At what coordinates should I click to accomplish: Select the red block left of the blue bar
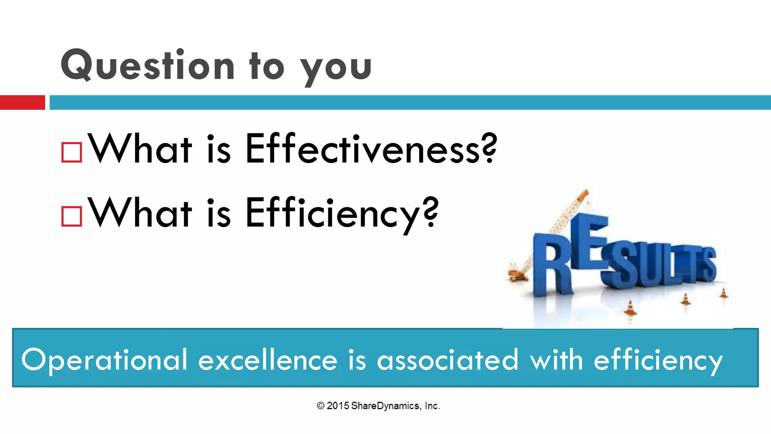(x=22, y=102)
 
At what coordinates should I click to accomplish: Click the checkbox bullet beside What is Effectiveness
(x=72, y=152)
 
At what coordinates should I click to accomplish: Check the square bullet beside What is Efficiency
(x=72, y=216)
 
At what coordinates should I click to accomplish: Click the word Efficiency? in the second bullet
(x=342, y=213)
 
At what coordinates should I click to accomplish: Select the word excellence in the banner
(x=267, y=360)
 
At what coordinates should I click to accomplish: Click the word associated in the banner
(x=448, y=360)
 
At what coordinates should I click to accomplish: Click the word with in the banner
(x=556, y=359)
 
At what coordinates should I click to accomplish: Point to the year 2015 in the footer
(x=338, y=406)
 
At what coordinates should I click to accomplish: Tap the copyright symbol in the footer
(x=320, y=406)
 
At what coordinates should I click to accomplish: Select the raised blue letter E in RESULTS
(x=590, y=241)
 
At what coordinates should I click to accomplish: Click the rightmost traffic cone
(x=724, y=293)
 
